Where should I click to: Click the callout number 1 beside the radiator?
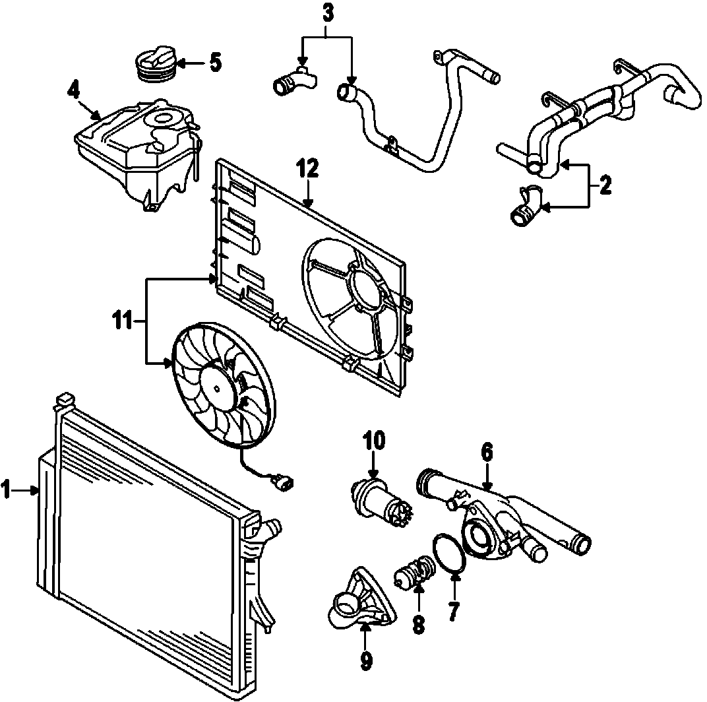tap(6, 490)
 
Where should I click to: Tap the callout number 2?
tap(605, 185)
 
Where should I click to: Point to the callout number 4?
tap(75, 89)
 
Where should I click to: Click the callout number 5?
tap(215, 63)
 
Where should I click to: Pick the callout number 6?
tap(487, 453)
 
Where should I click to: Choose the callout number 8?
tap(418, 623)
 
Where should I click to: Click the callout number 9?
tap(367, 660)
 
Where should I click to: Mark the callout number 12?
tap(308, 168)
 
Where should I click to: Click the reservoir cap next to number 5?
tap(154, 63)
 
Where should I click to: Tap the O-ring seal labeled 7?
tap(449, 555)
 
